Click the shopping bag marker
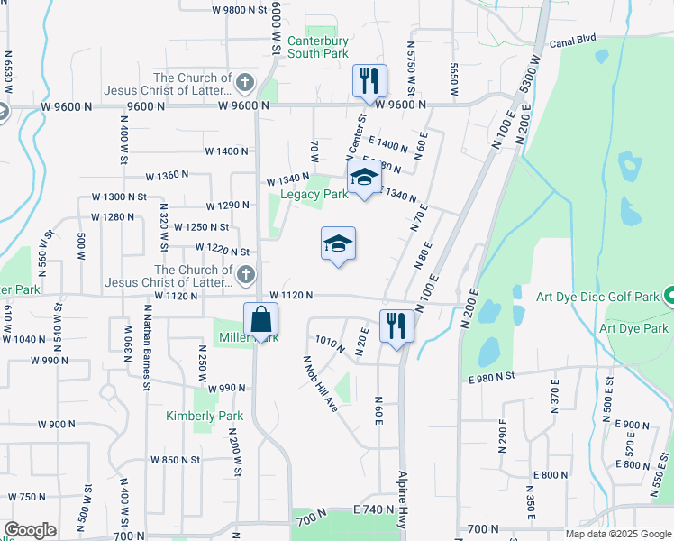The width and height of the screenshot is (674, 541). click(260, 320)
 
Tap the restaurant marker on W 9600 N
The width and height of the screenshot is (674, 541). click(369, 81)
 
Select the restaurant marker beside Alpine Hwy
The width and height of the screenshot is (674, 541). click(396, 326)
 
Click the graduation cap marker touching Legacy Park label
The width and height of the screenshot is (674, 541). click(364, 177)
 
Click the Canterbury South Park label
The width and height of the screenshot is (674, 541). click(317, 47)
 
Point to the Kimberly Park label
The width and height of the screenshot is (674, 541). click(192, 416)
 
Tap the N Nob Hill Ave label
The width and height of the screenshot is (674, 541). click(320, 382)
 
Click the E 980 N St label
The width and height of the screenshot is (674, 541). click(491, 375)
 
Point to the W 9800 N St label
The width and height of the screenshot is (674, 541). click(241, 10)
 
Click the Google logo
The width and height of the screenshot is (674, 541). click(30, 530)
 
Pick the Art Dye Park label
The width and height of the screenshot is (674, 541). click(636, 329)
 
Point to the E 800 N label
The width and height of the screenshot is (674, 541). click(551, 474)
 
